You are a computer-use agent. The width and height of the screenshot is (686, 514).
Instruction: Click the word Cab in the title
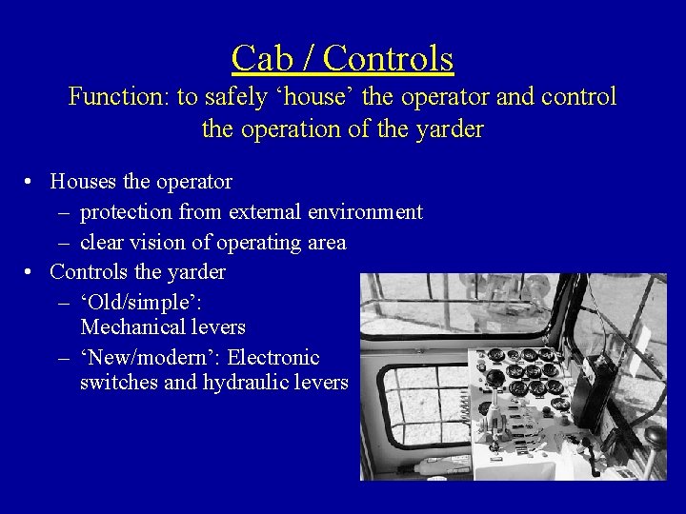click(259, 59)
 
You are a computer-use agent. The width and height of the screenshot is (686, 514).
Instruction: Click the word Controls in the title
click(388, 59)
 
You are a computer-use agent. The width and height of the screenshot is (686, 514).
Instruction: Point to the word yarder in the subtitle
click(452, 128)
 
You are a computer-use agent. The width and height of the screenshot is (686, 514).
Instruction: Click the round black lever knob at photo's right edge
click(655, 435)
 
